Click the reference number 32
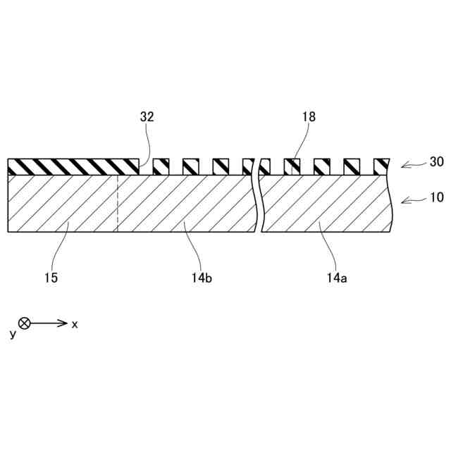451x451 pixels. coord(147,118)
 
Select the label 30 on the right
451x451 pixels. coord(436,162)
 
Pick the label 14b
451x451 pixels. coord(202,278)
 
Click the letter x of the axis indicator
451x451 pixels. coord(75,324)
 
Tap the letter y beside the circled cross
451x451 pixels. coord(13,334)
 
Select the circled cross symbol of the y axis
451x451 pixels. coord(25,323)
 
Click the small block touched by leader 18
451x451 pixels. coord(292,167)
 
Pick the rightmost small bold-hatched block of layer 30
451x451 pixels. coord(381,167)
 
